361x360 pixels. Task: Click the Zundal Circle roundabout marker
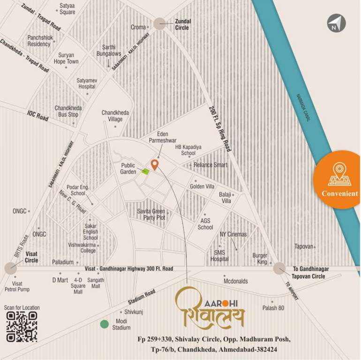point(160,24)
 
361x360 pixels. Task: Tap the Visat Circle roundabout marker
point(10,268)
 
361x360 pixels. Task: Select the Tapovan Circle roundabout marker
point(279,268)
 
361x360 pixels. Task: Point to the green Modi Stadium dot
point(104,324)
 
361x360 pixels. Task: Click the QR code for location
point(22,327)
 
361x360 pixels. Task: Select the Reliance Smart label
point(211,165)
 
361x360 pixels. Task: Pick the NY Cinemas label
point(233,234)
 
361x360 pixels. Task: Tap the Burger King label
point(260,259)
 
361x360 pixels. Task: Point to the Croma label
point(138,28)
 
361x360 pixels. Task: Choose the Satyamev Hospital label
point(87,84)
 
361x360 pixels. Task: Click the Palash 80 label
point(273,308)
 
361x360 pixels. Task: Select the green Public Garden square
point(146,171)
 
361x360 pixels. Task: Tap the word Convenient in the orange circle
point(339,194)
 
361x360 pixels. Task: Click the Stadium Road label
point(141,300)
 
